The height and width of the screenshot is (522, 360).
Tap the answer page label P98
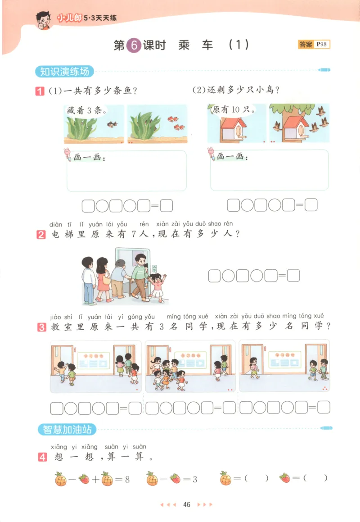point(322,44)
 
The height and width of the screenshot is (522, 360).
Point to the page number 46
point(187,504)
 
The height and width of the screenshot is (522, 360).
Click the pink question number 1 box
point(40,91)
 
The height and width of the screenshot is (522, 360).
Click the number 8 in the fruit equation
point(127,478)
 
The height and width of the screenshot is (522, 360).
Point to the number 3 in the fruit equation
point(195,478)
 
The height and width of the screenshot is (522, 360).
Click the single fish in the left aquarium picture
point(112,124)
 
